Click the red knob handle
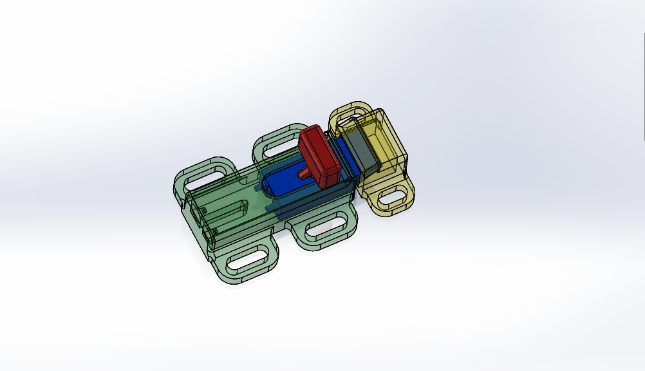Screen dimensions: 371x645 click(320, 155)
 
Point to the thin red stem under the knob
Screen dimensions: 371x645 click(304, 173)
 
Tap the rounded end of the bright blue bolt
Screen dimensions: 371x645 click(270, 183)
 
